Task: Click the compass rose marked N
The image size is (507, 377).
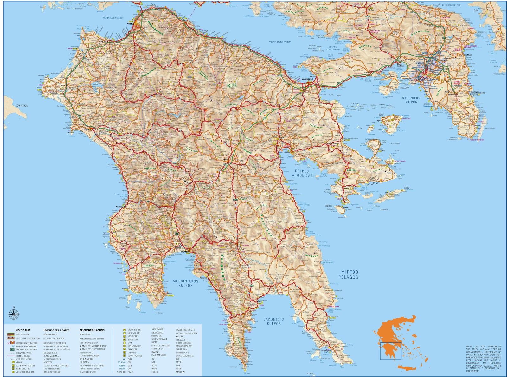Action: [x=14, y=314]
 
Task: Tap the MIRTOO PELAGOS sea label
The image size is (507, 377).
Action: [x=350, y=274]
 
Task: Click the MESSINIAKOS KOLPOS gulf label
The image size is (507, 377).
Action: [x=185, y=283]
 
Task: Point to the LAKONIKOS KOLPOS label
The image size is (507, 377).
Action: [x=274, y=321]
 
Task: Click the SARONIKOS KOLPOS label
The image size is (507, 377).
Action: [x=411, y=100]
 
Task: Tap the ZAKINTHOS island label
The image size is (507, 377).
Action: [x=22, y=105]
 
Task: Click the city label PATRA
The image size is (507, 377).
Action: [x=129, y=23]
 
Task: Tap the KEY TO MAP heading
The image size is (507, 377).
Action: [x=23, y=330]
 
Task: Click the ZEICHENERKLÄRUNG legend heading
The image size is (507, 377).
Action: [x=92, y=330]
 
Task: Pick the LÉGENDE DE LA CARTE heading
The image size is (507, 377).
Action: [x=56, y=330]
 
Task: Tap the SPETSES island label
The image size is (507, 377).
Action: [x=329, y=206]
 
